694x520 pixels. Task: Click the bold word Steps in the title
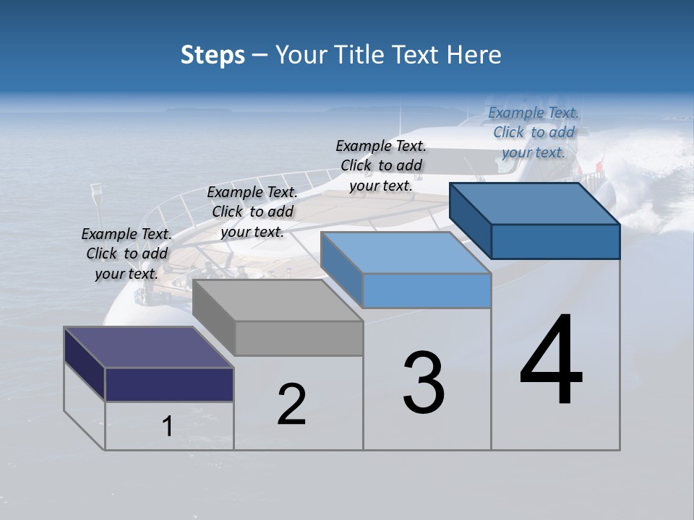(213, 56)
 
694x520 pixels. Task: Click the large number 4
(551, 361)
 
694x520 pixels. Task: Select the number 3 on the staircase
(424, 383)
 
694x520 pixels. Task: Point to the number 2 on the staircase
(292, 404)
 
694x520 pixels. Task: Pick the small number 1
(168, 427)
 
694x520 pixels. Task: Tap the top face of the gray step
(278, 300)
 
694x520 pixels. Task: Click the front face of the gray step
(299, 338)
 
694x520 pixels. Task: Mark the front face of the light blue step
(427, 290)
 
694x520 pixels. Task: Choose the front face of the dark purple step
(170, 384)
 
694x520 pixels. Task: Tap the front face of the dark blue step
(555, 241)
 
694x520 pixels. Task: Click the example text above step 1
(127, 254)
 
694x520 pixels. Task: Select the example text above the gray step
(252, 212)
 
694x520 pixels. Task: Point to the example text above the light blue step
(381, 165)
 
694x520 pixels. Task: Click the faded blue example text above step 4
(534, 133)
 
